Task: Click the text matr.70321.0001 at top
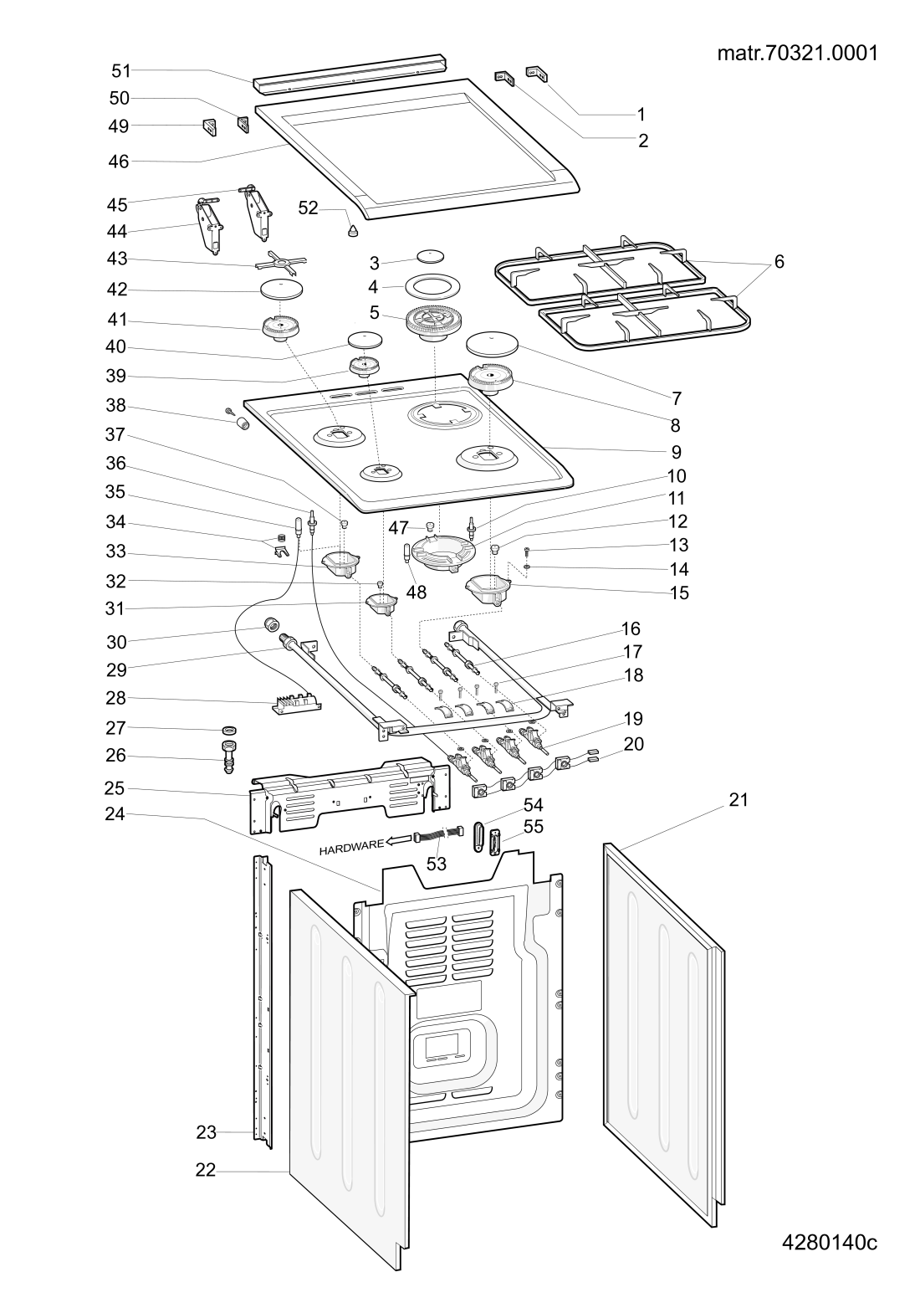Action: [x=797, y=53]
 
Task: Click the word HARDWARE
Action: [x=351, y=846]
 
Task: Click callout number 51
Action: [x=121, y=71]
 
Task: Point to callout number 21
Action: [x=739, y=800]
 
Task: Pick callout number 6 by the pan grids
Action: [x=779, y=261]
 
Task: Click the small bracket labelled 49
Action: [x=209, y=127]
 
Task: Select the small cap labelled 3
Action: [x=431, y=256]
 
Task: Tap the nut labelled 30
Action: [x=270, y=625]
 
